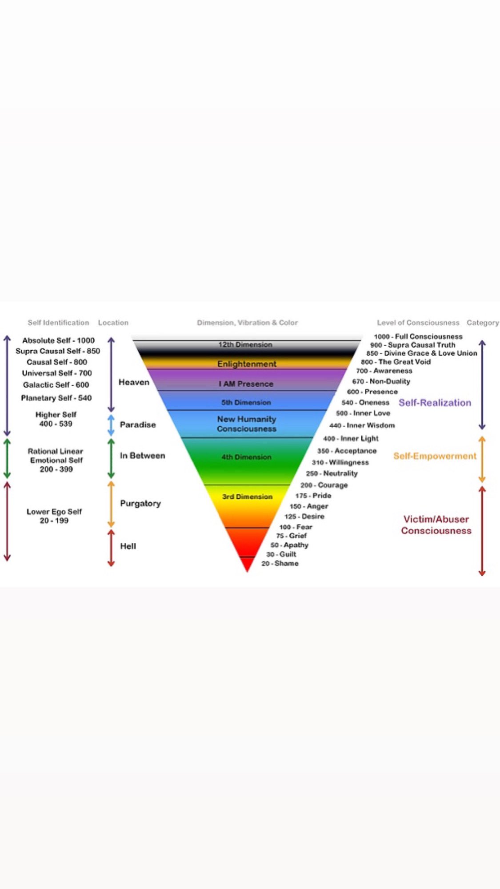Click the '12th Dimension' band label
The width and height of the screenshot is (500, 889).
point(245,344)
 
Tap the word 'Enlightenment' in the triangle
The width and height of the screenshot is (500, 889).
point(247,364)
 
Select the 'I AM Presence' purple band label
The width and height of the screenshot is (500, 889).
point(246,384)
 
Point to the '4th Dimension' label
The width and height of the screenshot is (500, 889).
point(246,457)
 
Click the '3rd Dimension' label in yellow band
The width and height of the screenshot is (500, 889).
point(247,497)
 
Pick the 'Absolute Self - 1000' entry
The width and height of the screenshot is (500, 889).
point(58,340)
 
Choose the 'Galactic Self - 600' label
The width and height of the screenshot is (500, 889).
point(56,385)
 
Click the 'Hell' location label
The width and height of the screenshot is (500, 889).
point(128,546)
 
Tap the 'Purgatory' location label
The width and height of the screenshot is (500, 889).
point(140,504)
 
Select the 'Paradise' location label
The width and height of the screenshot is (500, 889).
point(138,424)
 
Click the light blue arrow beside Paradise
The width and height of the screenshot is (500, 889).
point(111,425)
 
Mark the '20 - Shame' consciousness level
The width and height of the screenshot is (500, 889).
point(280,564)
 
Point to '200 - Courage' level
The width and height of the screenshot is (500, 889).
point(324,485)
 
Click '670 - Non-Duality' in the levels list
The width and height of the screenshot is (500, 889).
point(381,381)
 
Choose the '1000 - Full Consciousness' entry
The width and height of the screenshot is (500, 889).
point(418,336)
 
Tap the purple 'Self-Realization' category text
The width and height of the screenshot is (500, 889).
point(435,403)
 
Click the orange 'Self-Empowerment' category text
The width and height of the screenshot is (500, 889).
point(435,456)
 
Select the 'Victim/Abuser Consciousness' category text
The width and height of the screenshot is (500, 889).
point(436,525)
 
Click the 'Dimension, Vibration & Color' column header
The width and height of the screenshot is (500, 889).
point(247,323)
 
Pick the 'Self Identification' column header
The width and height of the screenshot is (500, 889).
point(58,323)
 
